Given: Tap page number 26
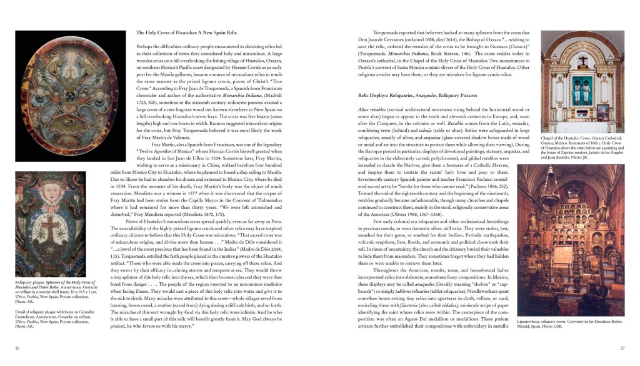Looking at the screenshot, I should point(17,348).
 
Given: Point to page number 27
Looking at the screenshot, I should point(622,348).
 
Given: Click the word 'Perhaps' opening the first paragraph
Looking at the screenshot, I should point(146,47).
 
